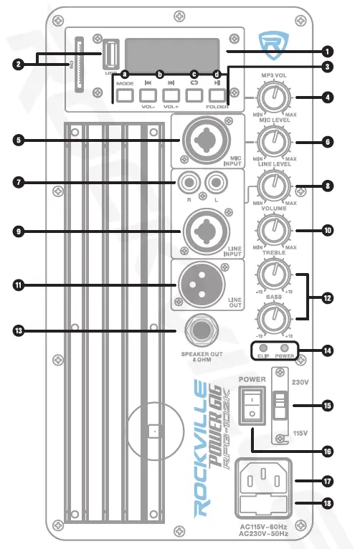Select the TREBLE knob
pos(273,274)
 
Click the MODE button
pos(125,94)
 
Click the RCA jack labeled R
pos(190,183)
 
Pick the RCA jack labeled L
pos(213,183)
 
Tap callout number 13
pos(18,330)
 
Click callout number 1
pos(327,52)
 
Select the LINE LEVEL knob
pos(273,186)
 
